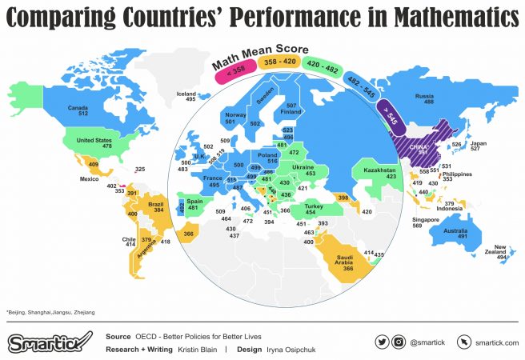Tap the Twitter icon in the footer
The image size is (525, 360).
pyautogui.click(x=381, y=342)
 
